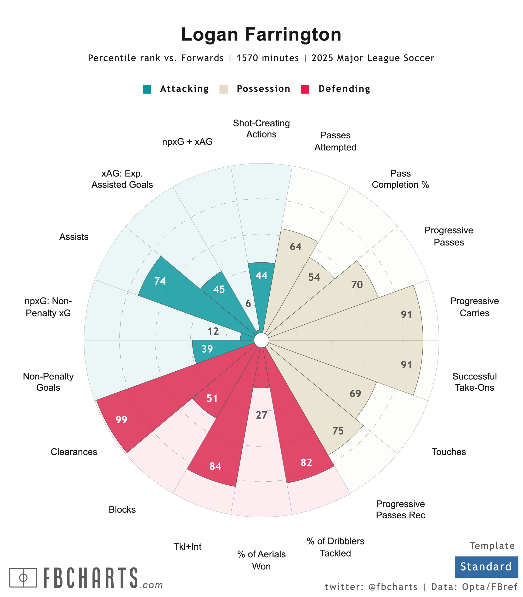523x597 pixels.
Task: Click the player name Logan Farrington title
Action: pos(261,35)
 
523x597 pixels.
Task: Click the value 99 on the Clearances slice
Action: pos(121,420)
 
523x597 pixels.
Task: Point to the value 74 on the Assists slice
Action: pos(160,281)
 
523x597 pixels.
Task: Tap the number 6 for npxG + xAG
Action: pos(248,304)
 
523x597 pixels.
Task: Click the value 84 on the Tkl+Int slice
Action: pos(215,467)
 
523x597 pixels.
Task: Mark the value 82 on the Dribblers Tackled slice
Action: pos(306,463)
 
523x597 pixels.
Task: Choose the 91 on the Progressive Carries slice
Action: pos(406,314)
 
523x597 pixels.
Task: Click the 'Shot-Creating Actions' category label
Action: pos(261,129)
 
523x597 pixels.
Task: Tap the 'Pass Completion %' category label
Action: pos(400,179)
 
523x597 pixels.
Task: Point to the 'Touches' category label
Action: pos(448,452)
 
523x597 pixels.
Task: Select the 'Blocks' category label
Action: pos(122,510)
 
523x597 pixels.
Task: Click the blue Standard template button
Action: pos(486,566)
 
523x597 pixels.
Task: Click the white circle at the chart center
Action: pos(261,340)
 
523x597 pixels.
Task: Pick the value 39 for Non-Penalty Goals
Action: pos(207,349)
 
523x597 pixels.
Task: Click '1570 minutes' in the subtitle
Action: pos(268,58)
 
